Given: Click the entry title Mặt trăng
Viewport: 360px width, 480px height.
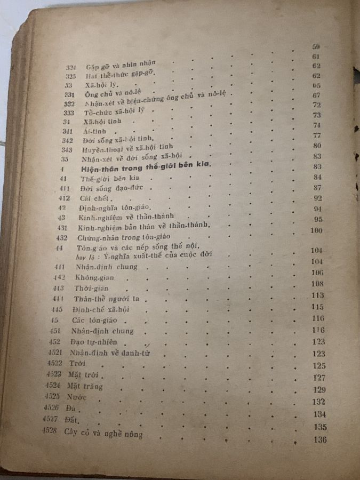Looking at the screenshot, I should (85, 386).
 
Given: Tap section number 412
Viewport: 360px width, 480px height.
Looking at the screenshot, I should (62, 197).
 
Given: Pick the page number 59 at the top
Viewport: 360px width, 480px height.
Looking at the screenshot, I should (316, 46).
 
